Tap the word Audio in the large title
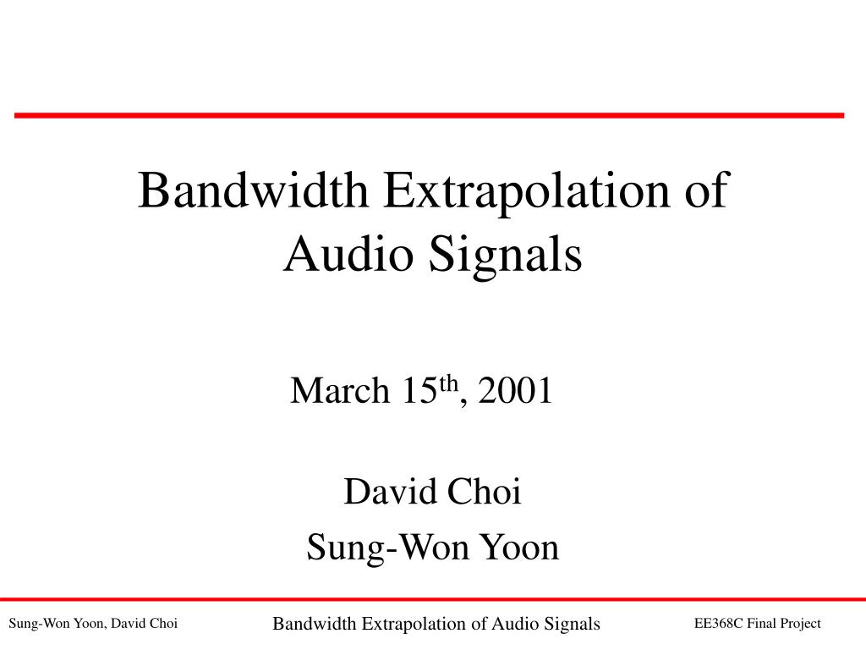point(348,254)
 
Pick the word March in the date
point(340,390)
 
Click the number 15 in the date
point(419,390)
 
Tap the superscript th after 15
point(448,383)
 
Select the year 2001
point(515,390)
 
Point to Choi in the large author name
point(484,491)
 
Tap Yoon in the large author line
point(519,547)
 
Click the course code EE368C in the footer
point(719,624)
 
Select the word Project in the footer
point(800,624)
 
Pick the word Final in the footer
point(761,624)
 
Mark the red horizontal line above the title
point(429,115)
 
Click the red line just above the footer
point(433,599)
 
